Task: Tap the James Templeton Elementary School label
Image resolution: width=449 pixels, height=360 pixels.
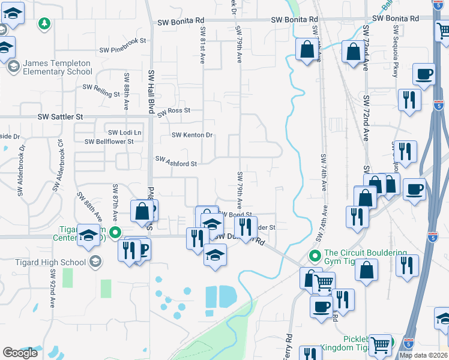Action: [x=58, y=67]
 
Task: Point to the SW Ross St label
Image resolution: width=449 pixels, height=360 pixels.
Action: [x=173, y=111]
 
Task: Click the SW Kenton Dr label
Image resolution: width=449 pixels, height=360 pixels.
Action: [x=192, y=135]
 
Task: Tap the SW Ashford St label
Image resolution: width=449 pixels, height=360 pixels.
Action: [x=176, y=162]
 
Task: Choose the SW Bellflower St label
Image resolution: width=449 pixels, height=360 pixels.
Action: [x=109, y=142]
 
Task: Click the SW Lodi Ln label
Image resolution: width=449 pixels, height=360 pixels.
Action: [x=124, y=133]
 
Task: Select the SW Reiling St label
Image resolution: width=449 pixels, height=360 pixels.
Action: [x=101, y=91]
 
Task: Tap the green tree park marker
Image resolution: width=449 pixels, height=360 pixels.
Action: [x=44, y=23]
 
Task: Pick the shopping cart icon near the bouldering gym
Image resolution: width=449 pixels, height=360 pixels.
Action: [x=324, y=281]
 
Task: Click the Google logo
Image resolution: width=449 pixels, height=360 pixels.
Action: [x=20, y=353]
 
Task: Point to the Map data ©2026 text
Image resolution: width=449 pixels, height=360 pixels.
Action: [x=424, y=355]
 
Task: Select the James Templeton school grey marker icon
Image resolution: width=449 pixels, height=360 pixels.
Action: [x=13, y=67]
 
